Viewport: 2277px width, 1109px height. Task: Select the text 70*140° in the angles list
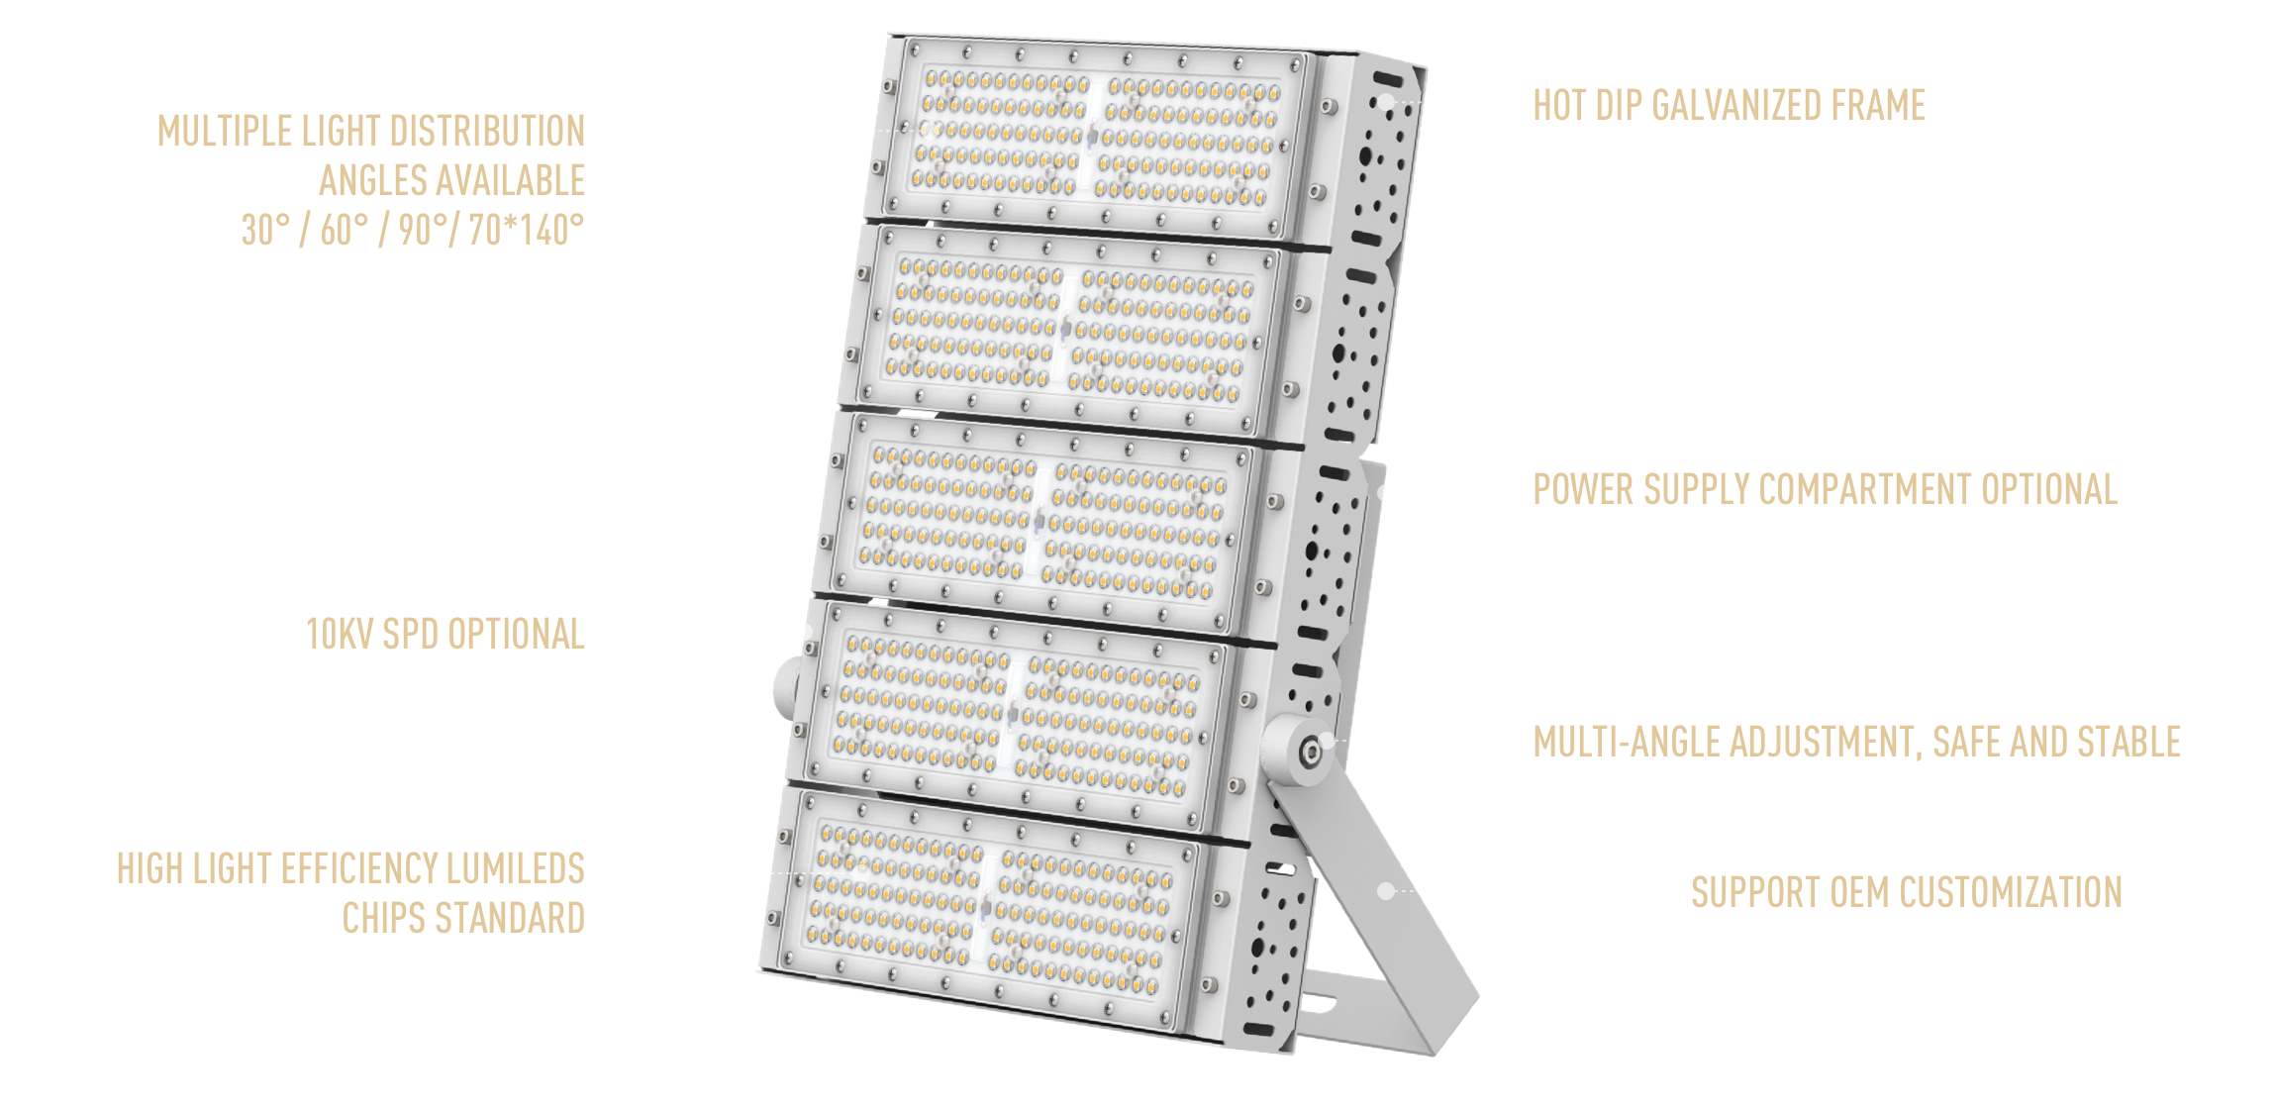coord(527,230)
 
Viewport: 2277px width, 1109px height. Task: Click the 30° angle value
coord(266,230)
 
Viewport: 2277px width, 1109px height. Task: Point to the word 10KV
coord(339,634)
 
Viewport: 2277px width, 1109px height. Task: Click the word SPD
coord(410,634)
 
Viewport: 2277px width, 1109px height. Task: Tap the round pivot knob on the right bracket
coord(1301,751)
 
